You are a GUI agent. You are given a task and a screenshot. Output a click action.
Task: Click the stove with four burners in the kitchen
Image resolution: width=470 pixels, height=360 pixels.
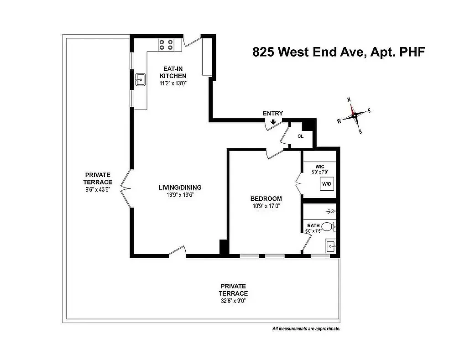[x=166, y=44]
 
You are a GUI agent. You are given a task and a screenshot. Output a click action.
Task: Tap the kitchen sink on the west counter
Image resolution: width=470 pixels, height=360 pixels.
[x=140, y=80]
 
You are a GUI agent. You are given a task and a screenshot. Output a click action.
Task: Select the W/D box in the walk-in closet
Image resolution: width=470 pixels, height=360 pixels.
[x=327, y=184]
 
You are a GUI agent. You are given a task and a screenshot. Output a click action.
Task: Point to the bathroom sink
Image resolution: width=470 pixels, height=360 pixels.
[x=331, y=247]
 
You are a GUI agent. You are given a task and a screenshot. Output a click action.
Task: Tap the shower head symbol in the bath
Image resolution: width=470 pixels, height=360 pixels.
[x=333, y=211]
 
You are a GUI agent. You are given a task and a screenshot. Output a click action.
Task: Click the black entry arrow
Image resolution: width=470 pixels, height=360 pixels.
[x=273, y=122]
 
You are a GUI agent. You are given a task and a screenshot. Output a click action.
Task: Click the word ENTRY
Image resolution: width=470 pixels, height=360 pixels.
[x=273, y=113]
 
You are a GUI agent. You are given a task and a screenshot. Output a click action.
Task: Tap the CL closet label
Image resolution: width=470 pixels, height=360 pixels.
[x=301, y=136]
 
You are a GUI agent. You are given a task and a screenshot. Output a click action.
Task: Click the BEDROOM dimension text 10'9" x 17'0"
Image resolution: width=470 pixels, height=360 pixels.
[x=266, y=206]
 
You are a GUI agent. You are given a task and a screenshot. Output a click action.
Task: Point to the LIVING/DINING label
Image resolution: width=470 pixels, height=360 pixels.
[x=180, y=188]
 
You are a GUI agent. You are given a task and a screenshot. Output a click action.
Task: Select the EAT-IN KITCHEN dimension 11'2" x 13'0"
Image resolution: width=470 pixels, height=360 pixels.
[x=173, y=83]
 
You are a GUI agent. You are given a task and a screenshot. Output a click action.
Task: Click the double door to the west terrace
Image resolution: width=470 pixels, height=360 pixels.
[x=126, y=187]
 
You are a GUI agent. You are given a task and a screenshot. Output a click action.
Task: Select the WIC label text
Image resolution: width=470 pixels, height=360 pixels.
[x=319, y=166]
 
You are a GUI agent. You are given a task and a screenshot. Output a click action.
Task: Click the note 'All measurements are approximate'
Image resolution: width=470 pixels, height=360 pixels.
[x=306, y=329]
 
